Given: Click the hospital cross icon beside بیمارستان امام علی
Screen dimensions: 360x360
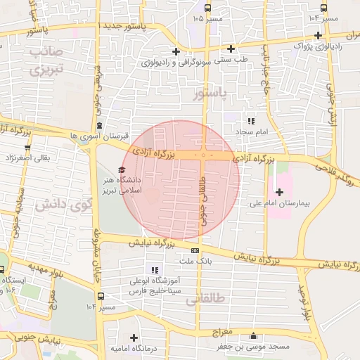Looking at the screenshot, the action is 279,192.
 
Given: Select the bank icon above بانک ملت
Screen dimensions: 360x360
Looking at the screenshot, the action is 195,250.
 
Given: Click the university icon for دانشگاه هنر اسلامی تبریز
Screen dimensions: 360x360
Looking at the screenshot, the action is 122,170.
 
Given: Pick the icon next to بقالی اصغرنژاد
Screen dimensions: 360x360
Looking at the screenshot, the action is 27,148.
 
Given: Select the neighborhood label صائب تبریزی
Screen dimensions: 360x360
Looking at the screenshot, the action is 47,61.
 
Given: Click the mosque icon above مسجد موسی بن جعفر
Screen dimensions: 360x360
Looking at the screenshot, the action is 253,335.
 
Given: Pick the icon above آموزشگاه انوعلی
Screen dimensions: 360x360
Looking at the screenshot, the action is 155,270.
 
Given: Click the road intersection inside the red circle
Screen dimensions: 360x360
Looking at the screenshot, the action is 204,155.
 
